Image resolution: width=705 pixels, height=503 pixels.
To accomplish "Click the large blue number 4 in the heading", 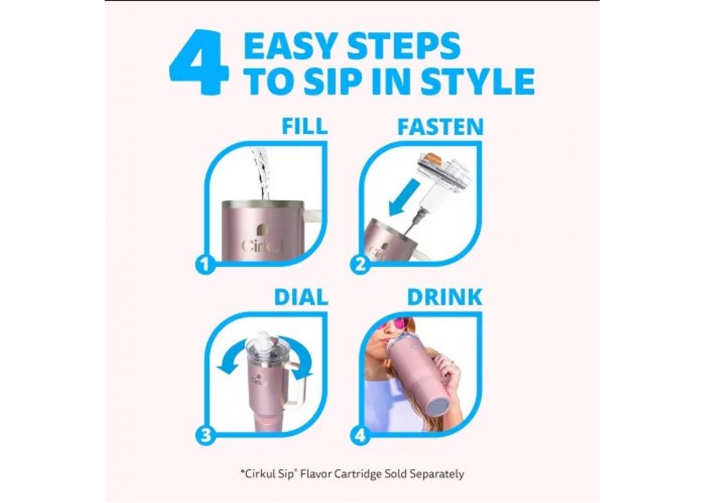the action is click(199, 62).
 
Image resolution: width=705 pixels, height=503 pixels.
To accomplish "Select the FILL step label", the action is click(304, 126).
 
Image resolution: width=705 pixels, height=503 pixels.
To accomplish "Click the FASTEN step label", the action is click(440, 126).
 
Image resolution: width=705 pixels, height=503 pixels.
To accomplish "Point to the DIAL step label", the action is click(301, 297).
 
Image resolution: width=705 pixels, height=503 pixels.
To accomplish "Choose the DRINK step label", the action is click(445, 297).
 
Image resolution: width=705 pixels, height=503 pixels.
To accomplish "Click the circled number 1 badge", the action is click(205, 265).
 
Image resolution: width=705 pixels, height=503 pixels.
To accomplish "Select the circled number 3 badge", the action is click(205, 436).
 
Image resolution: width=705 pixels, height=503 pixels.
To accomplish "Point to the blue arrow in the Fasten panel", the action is click(402, 198).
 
